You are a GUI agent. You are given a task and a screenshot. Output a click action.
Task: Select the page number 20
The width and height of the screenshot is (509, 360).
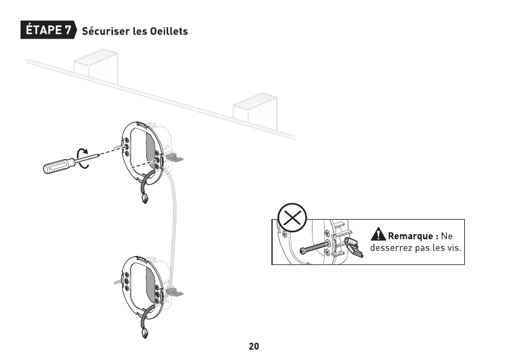click(254, 347)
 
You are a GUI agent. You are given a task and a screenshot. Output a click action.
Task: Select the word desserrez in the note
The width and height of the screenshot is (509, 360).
click(392, 248)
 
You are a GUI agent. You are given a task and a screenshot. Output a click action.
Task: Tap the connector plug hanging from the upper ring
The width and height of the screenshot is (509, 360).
click(145, 199)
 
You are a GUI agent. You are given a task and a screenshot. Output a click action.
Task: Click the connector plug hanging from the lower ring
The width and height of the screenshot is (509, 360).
click(145, 333)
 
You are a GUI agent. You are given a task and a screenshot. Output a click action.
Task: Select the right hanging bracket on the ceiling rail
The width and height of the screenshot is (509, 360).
click(255, 107)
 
